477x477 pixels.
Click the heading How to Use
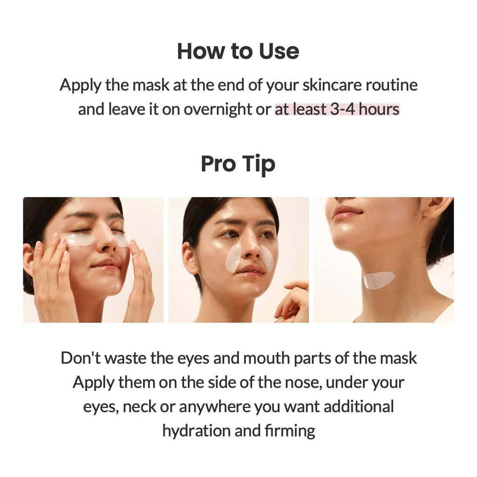click(x=238, y=51)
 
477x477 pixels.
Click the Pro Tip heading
click(x=238, y=164)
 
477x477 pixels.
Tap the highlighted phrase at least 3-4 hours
click(x=337, y=109)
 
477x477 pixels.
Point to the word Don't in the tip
click(x=80, y=358)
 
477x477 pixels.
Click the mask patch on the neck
click(x=378, y=279)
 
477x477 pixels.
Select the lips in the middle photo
click(x=250, y=270)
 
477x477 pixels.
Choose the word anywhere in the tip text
click(x=214, y=406)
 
